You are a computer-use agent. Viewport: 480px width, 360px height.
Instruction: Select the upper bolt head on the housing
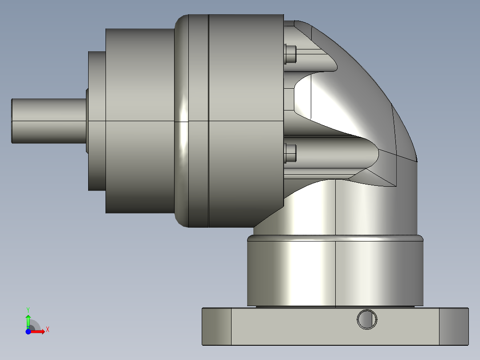[x=290, y=54]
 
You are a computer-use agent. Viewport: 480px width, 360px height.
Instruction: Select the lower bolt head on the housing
[x=290, y=153]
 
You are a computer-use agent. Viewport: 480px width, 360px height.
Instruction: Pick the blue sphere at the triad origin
[x=28, y=331]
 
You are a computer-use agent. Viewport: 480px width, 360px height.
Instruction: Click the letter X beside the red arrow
[x=47, y=329]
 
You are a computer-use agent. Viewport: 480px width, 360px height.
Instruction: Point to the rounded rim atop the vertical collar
[x=334, y=239]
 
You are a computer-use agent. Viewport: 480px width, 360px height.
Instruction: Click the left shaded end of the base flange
[x=216, y=326]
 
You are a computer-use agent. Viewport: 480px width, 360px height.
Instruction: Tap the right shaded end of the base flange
[x=454, y=326]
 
